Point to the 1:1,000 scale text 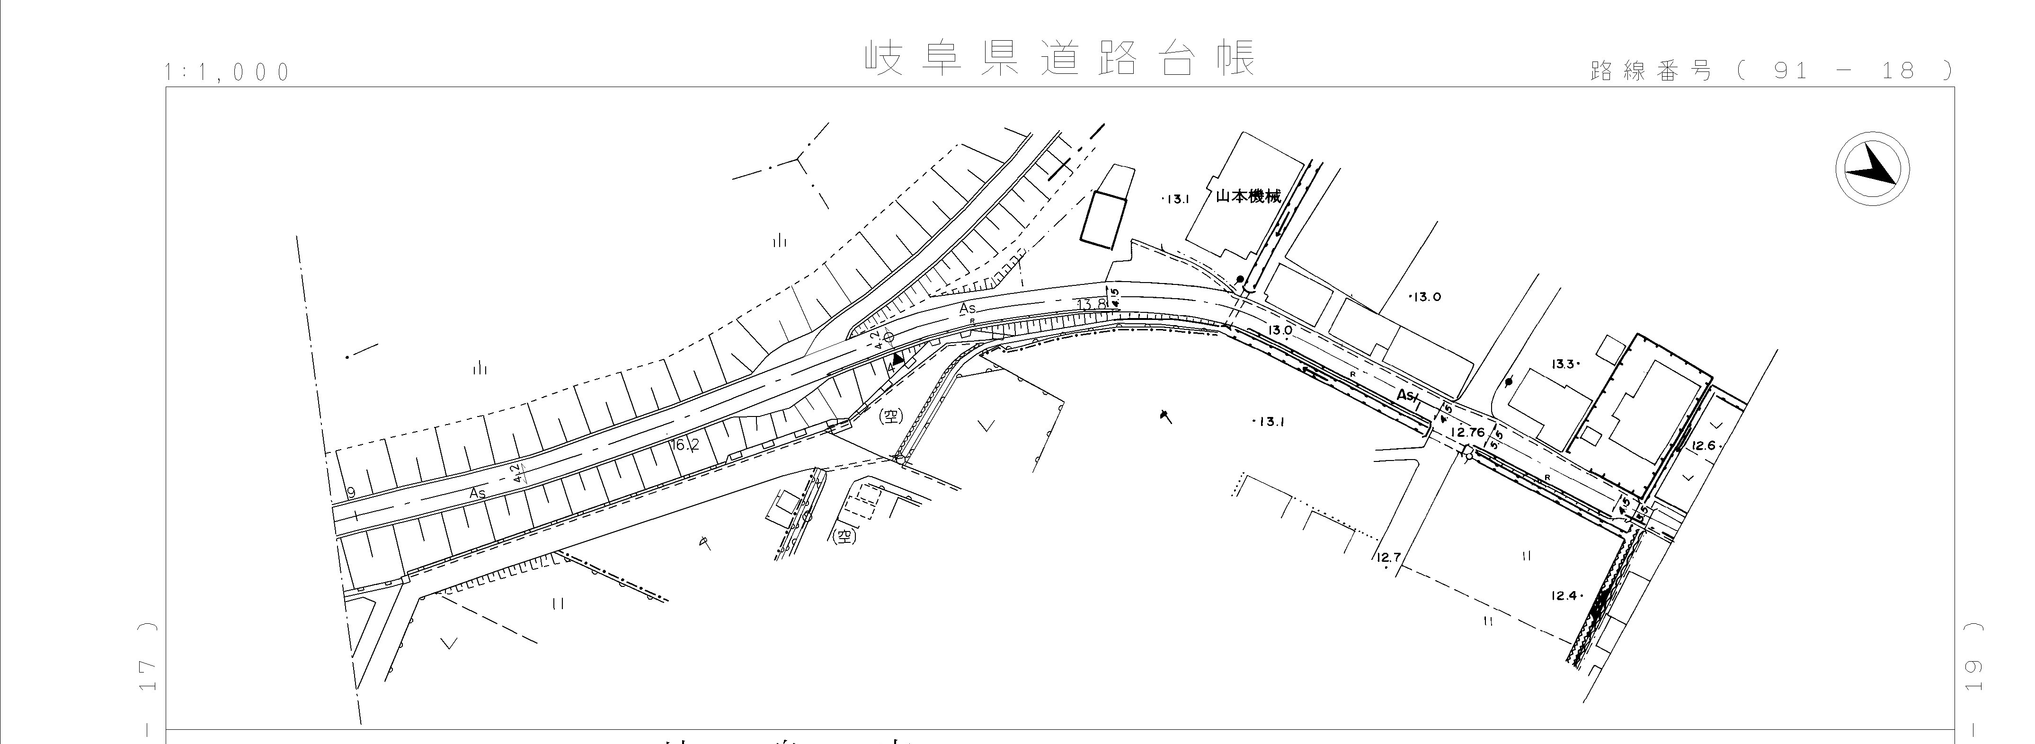click(228, 73)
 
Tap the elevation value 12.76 click(1468, 432)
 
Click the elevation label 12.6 click(1704, 445)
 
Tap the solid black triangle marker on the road click(898, 359)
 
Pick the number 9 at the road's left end click(351, 493)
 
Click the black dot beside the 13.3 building click(1509, 382)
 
